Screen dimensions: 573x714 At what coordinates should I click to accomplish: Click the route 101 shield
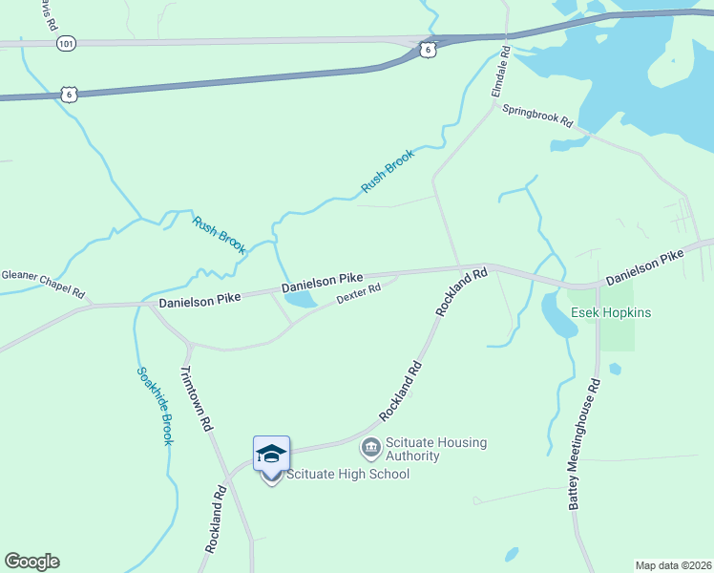(x=65, y=44)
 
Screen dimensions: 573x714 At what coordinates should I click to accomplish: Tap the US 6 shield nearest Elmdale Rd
(x=429, y=49)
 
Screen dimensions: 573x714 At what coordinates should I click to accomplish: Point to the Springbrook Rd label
(x=537, y=116)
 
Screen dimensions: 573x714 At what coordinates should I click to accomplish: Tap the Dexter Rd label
(x=359, y=293)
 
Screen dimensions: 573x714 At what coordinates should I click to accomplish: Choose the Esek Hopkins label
(x=611, y=312)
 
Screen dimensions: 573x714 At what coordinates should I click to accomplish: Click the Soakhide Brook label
(x=153, y=405)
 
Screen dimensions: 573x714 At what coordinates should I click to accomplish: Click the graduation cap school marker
(x=271, y=454)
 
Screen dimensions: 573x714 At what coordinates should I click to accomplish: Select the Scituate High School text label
(x=347, y=474)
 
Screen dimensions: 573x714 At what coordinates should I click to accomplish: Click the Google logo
(x=31, y=562)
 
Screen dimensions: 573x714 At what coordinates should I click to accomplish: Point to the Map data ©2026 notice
(x=673, y=565)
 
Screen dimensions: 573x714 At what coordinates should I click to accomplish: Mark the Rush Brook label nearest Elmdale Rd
(x=389, y=172)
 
